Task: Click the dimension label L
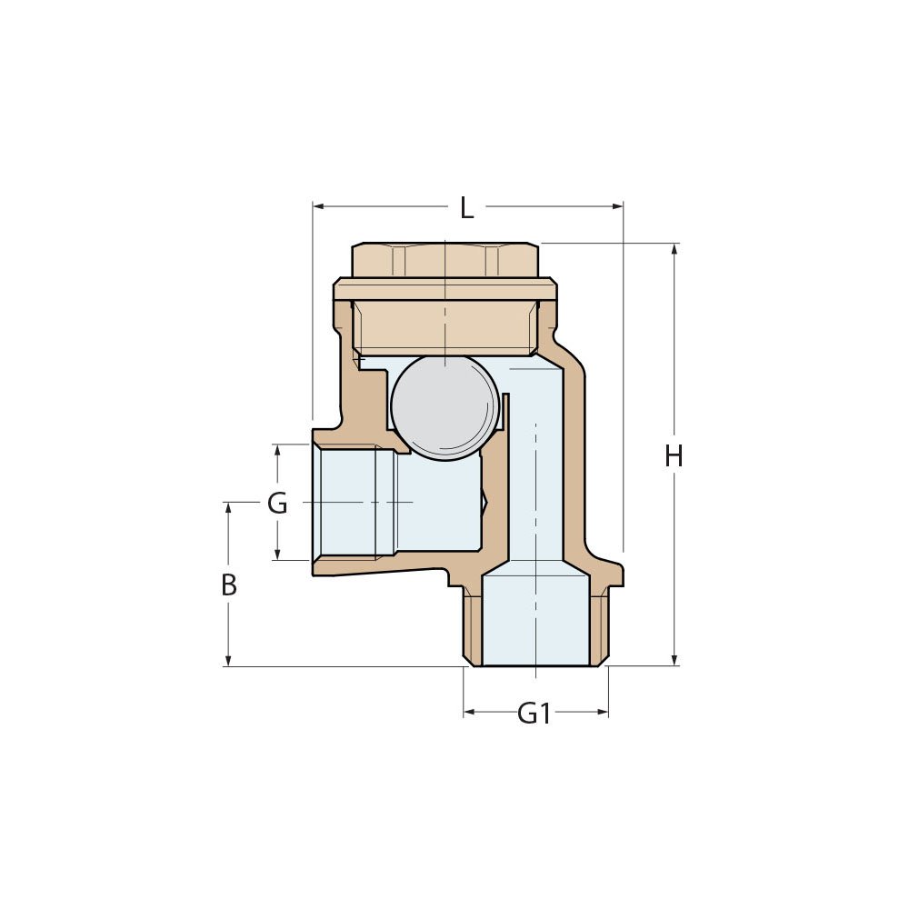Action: [466, 208]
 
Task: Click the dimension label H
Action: [674, 457]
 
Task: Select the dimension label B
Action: [229, 586]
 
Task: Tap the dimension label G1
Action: [534, 714]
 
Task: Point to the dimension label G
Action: [277, 503]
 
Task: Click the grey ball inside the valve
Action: [445, 406]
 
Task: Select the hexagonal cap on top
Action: [445, 260]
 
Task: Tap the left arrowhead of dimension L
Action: [317, 207]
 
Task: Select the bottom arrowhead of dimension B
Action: [228, 661]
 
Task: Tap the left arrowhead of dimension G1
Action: [469, 713]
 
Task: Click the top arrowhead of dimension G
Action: [277, 450]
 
